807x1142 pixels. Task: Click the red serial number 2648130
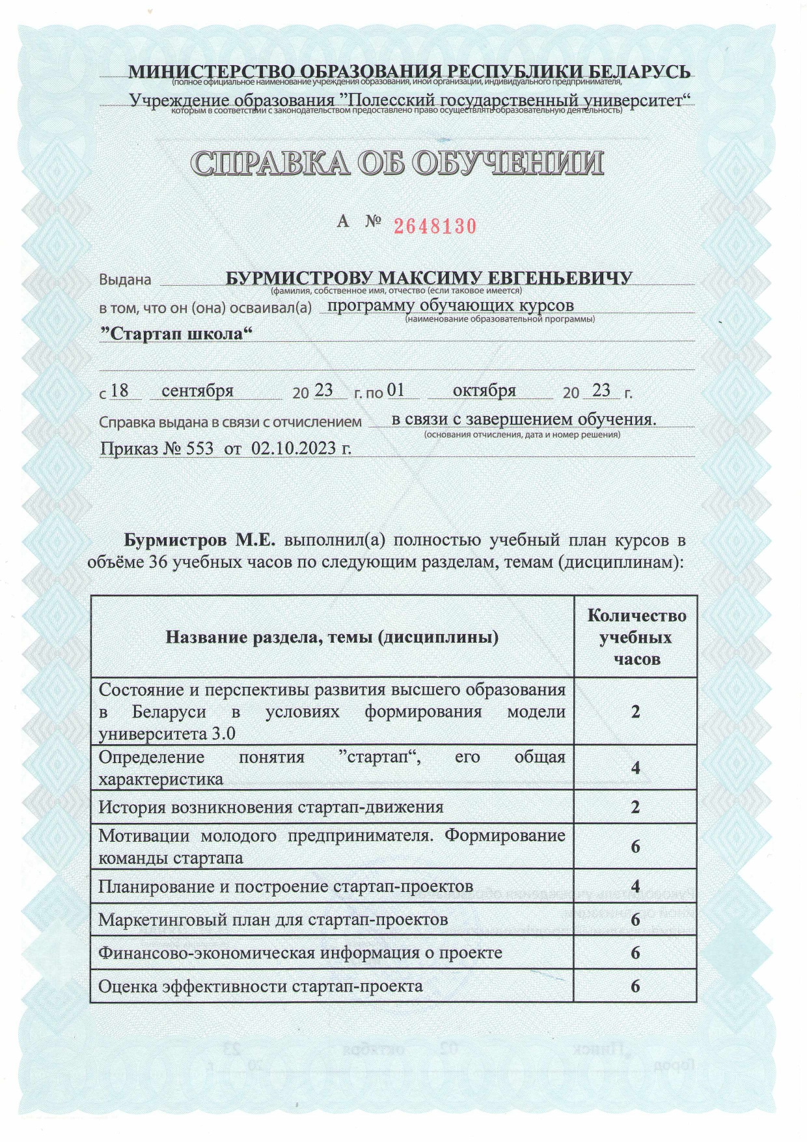[435, 226]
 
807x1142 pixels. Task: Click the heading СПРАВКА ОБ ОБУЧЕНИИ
[397, 163]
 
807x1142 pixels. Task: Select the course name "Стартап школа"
[176, 334]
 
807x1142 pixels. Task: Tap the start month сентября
[197, 391]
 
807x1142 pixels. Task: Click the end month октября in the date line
[484, 391]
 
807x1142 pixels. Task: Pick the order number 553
[199, 449]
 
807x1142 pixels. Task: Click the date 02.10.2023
[301, 449]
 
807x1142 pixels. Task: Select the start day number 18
[120, 391]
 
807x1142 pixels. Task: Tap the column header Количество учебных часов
[636, 637]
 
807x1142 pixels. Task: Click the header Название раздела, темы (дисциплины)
[332, 637]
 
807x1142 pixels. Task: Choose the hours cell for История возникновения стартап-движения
[635, 807]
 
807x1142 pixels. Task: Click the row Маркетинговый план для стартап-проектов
[273, 920]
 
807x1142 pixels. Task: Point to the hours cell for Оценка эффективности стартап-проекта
[635, 986]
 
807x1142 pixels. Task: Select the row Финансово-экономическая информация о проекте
[300, 953]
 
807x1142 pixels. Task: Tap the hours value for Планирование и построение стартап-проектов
[635, 887]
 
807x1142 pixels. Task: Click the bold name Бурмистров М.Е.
[200, 540]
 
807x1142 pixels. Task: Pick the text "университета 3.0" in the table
[167, 734]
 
